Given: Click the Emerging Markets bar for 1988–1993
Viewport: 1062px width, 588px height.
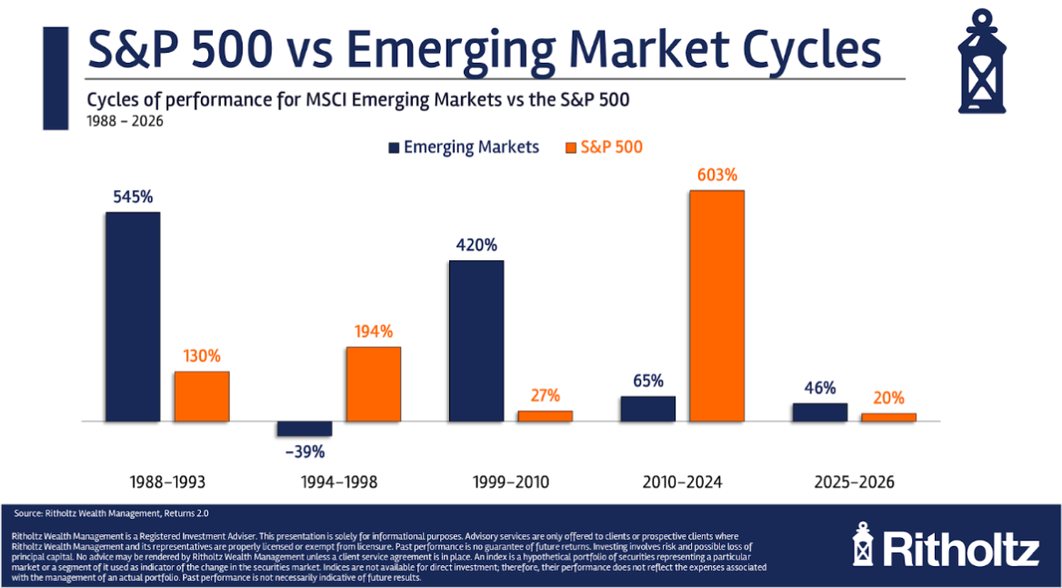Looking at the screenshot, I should [x=133, y=317].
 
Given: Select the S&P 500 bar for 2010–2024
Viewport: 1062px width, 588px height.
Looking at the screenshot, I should [x=716, y=306].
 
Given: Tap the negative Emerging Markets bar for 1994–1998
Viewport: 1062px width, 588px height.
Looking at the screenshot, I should [x=305, y=429].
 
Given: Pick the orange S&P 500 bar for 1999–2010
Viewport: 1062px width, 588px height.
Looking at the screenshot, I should [x=546, y=416].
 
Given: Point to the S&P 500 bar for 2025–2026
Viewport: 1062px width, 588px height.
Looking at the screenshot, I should [x=888, y=417].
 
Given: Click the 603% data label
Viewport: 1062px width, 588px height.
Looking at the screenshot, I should [x=716, y=175].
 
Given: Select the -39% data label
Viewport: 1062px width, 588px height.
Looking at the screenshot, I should [x=305, y=451].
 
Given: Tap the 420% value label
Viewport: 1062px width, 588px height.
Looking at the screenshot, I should [x=476, y=245].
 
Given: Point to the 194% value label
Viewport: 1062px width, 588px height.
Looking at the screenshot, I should [x=374, y=331].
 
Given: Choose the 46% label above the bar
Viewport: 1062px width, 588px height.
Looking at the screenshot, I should [x=819, y=388].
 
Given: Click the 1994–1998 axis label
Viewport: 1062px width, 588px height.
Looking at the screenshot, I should [x=339, y=482].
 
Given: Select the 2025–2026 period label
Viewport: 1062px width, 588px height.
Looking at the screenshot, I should [x=855, y=482].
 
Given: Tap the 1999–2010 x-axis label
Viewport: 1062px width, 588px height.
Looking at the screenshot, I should [x=511, y=482].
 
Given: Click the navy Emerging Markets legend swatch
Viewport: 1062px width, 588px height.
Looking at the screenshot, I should [x=394, y=147].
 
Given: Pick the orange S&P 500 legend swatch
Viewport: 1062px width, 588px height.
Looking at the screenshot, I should [x=571, y=147].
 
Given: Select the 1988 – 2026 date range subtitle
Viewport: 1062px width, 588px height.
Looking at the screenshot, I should [x=125, y=120].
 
